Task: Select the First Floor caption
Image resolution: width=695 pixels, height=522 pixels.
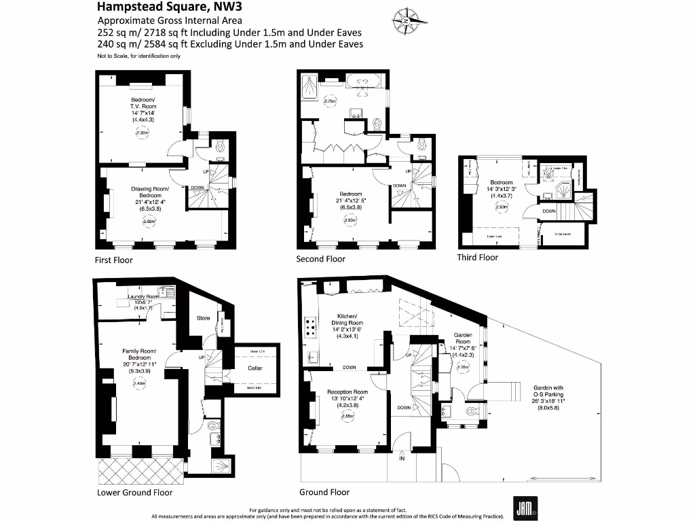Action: [114, 260]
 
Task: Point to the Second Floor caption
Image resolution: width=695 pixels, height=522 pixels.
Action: [320, 259]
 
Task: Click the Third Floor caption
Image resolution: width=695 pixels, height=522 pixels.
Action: [478, 257]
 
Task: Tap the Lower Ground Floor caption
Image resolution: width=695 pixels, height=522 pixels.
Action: [134, 492]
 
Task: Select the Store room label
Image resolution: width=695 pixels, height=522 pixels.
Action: [203, 317]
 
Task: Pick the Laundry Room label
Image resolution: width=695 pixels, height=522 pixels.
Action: [143, 297]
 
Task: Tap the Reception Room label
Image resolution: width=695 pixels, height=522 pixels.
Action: [347, 392]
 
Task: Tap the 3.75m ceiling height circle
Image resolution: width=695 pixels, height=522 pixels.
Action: [331, 101]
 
